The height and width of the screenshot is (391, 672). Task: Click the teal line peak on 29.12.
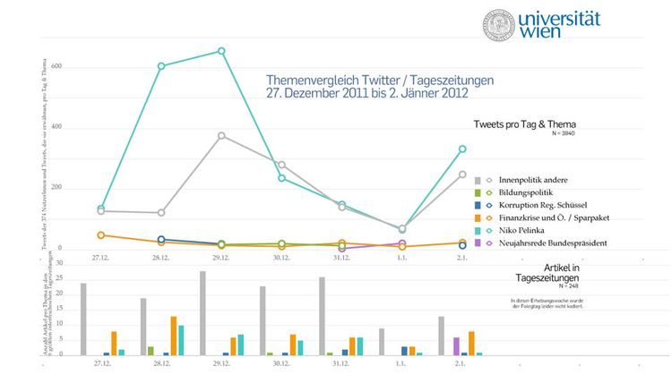pyautogui.click(x=221, y=51)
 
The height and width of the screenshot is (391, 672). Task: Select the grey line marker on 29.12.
pyautogui.click(x=221, y=136)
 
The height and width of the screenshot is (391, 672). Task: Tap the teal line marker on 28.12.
pyautogui.click(x=161, y=66)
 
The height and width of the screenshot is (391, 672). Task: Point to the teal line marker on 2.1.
pyautogui.click(x=462, y=149)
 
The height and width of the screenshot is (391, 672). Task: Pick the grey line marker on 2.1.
pyautogui.click(x=462, y=174)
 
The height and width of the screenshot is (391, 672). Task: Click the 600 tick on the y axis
pyautogui.click(x=56, y=67)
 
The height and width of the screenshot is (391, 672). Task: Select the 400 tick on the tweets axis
pyautogui.click(x=56, y=127)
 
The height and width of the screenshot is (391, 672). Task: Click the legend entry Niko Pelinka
pyautogui.click(x=516, y=230)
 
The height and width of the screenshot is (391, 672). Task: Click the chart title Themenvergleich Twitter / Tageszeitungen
pyautogui.click(x=380, y=80)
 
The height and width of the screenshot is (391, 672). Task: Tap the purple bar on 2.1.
pyautogui.click(x=456, y=346)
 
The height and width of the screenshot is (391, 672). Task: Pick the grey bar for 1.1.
pyautogui.click(x=382, y=342)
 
